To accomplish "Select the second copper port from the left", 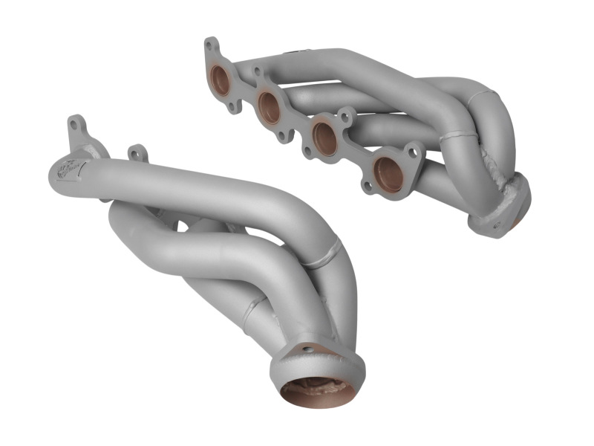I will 270,107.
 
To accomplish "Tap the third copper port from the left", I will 324,138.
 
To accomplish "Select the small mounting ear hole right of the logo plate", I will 137,154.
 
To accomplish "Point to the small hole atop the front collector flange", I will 305,349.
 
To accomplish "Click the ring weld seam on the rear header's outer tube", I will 459,136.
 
